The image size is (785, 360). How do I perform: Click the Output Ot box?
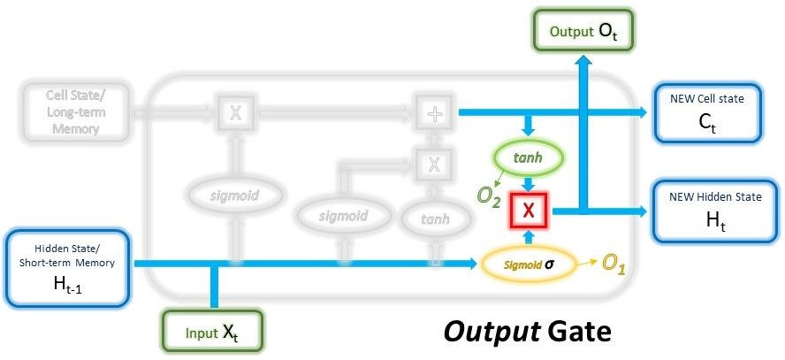pyautogui.click(x=583, y=31)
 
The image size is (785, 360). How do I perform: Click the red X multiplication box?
pyautogui.click(x=528, y=210)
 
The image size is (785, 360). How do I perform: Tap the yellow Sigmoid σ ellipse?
pyautogui.click(x=528, y=263)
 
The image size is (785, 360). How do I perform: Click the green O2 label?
pyautogui.click(x=489, y=201)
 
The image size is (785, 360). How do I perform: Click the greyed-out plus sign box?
pyautogui.click(x=433, y=112)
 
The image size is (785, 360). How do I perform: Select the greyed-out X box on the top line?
pyautogui.click(x=235, y=112)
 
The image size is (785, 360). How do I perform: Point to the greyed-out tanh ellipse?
pyautogui.click(x=433, y=218)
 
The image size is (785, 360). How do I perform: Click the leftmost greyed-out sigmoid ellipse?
pyautogui.click(x=235, y=194)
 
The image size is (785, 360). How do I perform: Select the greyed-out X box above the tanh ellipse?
pyautogui.click(x=433, y=164)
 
